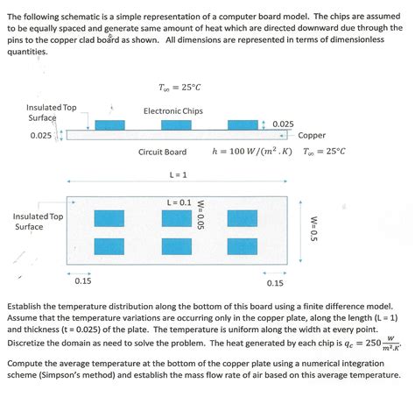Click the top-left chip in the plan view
click(111, 218)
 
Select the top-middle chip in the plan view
click(177, 218)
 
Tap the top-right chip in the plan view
click(243, 218)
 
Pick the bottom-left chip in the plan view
click(111, 245)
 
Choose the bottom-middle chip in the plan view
click(177, 245)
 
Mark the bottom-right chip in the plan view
click(243, 245)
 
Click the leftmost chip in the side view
click(110, 125)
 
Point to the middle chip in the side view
click(176, 125)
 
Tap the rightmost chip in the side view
click(243, 125)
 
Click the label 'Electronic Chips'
click(173, 111)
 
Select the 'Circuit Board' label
click(162, 152)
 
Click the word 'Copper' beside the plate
click(312, 136)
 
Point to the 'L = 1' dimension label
click(179, 174)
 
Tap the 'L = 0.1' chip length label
click(179, 202)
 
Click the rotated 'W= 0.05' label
click(200, 214)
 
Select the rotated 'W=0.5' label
click(313, 231)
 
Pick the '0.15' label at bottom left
click(83, 281)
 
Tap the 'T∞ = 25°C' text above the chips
click(176, 88)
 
